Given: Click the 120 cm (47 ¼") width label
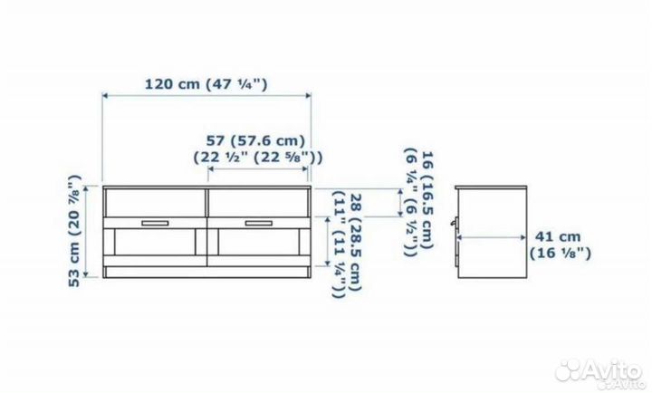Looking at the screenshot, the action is click(206, 84).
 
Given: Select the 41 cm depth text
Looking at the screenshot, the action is click(557, 236).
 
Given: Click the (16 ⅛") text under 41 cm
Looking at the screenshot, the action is click(560, 254).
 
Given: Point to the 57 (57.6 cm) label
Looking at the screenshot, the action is click(255, 140).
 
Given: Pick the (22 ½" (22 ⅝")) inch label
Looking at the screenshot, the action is click(258, 158).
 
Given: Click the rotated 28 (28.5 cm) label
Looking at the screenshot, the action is click(356, 243).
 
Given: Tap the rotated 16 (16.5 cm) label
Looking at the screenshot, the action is click(427, 200).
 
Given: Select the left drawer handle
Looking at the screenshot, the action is click(155, 224).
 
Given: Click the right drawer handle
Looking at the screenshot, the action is click(259, 224).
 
